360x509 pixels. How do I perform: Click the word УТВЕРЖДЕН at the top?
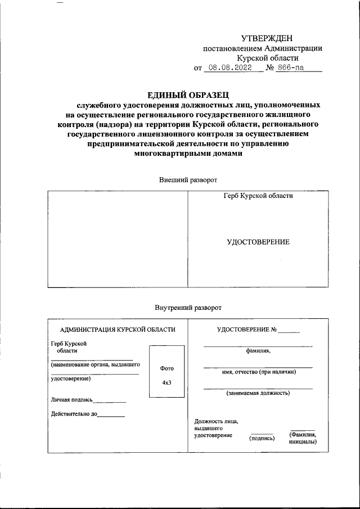(x=267, y=38)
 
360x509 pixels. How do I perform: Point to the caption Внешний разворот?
(x=188, y=179)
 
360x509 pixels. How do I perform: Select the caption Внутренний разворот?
(x=188, y=308)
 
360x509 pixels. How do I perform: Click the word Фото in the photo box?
(x=166, y=368)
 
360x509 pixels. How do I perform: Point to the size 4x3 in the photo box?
(x=166, y=382)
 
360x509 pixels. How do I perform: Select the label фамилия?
(x=258, y=352)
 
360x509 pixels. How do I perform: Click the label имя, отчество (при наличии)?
(x=258, y=372)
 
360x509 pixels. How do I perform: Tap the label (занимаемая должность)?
(x=258, y=393)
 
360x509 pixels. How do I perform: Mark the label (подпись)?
(x=262, y=438)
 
